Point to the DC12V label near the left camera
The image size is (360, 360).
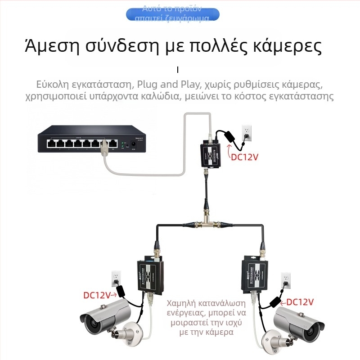tap(97, 296)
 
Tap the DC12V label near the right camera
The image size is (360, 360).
tap(300, 301)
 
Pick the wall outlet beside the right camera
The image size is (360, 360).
tap(285, 279)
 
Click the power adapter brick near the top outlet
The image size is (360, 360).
tap(228, 135)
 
